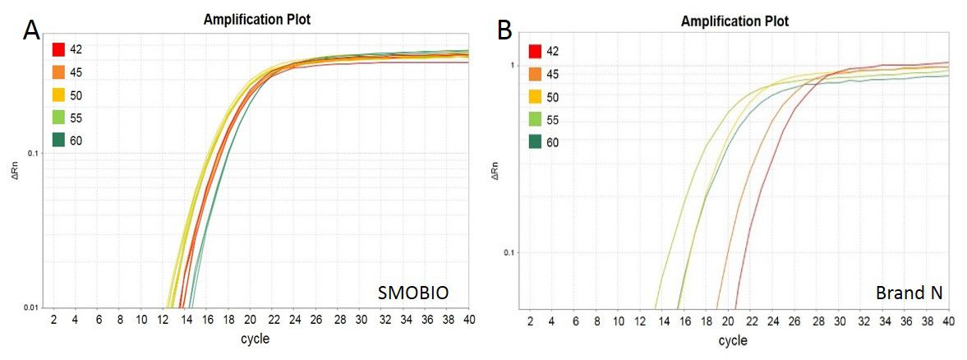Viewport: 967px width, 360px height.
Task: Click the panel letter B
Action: pos(505,30)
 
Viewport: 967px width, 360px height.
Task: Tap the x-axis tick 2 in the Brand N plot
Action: pos(531,321)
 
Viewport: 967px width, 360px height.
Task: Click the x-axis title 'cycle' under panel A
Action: pos(255,337)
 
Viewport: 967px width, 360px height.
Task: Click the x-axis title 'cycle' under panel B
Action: pos(734,339)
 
